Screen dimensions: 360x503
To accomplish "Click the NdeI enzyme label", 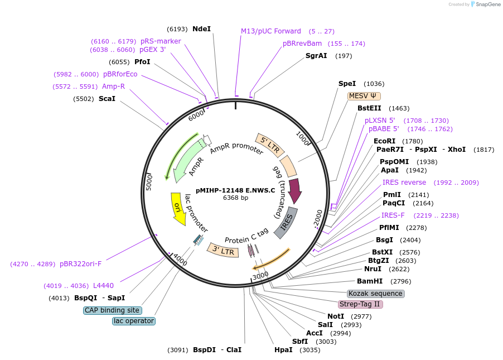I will point(201,28).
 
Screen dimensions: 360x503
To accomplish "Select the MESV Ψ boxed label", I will point(365,96).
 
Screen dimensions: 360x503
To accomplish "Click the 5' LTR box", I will point(270,145).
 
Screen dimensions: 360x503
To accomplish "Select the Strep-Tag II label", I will point(360,304).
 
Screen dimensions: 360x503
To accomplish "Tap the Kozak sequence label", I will point(375,294).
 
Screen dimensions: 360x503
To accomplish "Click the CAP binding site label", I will point(112,310).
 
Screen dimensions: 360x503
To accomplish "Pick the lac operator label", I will point(133,321).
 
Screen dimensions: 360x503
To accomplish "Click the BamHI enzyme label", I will point(370,281).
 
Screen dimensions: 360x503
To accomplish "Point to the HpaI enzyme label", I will point(283,350).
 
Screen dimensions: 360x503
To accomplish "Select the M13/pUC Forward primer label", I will point(271,31).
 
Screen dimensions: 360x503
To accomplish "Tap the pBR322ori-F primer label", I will point(81,263).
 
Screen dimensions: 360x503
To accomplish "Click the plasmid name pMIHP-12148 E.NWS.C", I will point(235,190).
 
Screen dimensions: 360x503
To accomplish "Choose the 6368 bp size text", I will point(235,198).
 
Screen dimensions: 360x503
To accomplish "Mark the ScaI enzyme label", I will point(107,99).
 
